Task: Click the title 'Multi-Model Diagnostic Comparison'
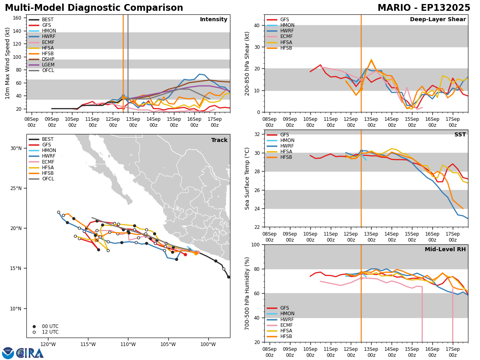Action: tap(94, 8)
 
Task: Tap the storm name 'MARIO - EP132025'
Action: tap(424, 8)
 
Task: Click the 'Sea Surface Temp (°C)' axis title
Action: tap(248, 178)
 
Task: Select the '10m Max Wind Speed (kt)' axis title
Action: tap(8, 63)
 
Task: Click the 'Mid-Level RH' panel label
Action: tap(445, 250)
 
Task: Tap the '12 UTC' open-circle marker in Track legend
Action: tap(34, 332)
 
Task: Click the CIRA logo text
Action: tap(30, 353)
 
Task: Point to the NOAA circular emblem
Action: tap(8, 353)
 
